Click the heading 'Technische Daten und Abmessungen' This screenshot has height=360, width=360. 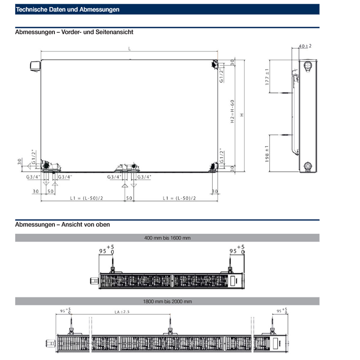pos(68,10)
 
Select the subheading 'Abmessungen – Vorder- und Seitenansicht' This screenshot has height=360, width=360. pos(74,32)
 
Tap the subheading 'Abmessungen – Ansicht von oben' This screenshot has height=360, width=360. pos(62,224)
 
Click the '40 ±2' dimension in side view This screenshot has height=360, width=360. pos(305,46)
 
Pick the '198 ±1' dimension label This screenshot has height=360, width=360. pos(267,153)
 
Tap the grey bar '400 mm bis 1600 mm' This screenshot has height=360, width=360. pos(167,238)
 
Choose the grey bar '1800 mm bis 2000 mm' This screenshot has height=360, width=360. pos(167,301)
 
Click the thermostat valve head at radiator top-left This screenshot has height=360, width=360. pos(35,67)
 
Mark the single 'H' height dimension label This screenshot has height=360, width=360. pos(242,114)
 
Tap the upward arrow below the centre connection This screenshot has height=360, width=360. pos(125,186)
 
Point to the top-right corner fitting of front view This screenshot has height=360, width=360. pos(214,64)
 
